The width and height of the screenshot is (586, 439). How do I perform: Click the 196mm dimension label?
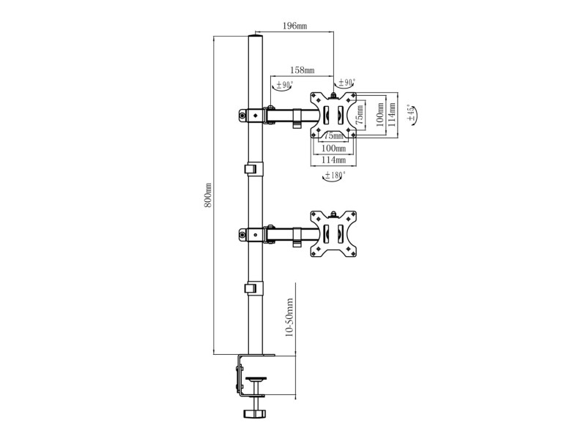295,26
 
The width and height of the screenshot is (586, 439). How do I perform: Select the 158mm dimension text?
302,70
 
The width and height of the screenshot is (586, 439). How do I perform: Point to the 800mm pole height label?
208,195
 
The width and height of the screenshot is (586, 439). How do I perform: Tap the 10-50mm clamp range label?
289,318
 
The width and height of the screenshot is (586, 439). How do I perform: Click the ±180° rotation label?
335,174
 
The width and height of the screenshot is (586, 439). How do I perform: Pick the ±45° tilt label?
411,113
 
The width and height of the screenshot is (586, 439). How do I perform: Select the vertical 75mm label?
359,115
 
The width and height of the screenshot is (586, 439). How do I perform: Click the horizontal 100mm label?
334,149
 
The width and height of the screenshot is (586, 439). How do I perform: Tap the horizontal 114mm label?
334,160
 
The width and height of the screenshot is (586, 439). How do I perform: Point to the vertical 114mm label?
392,114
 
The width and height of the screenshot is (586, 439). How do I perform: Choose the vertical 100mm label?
380,115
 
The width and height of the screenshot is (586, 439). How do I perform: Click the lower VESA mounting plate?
333,233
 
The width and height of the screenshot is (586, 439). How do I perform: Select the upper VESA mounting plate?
333,115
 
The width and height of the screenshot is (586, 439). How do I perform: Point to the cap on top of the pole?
256,36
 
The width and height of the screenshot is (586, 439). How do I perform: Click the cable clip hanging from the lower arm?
297,237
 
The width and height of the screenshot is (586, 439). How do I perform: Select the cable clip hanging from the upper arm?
297,119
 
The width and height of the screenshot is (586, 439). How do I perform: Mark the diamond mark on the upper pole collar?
256,115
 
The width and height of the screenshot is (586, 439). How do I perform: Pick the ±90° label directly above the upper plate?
346,82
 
